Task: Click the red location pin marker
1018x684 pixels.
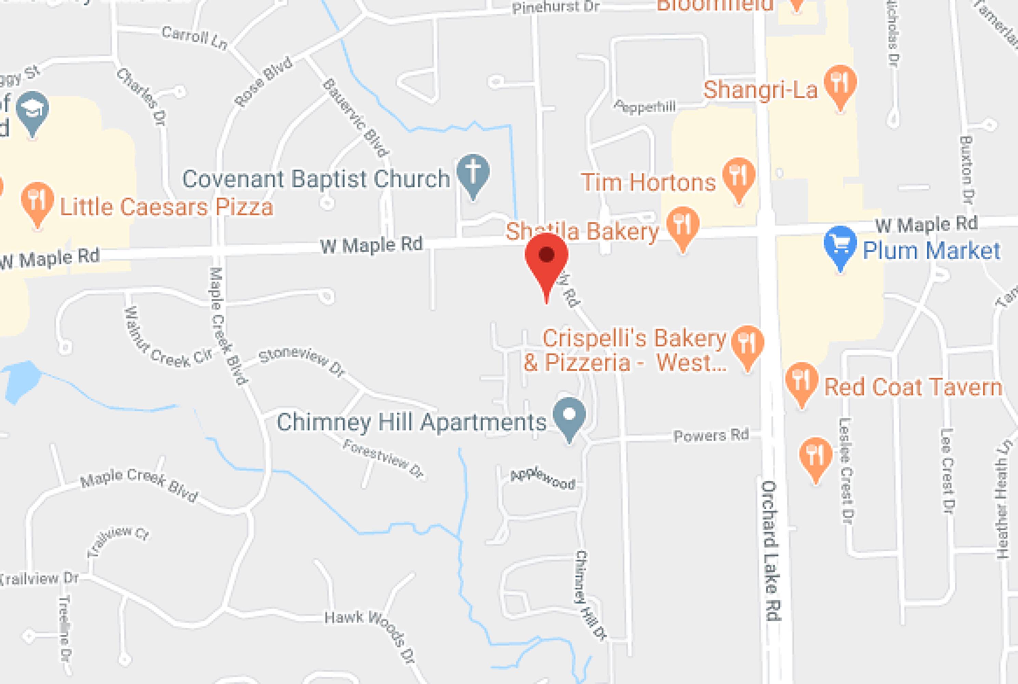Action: pyautogui.click(x=546, y=258)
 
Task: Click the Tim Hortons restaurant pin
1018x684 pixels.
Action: pyautogui.click(x=738, y=176)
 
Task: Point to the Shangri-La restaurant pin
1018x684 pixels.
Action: pyautogui.click(x=840, y=84)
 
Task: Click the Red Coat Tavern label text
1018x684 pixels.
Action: pyautogui.click(x=913, y=387)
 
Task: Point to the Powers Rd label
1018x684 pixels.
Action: pyautogui.click(x=711, y=435)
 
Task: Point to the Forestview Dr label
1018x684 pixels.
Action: pyautogui.click(x=383, y=458)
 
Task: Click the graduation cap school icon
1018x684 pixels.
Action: pyautogui.click(x=32, y=109)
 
